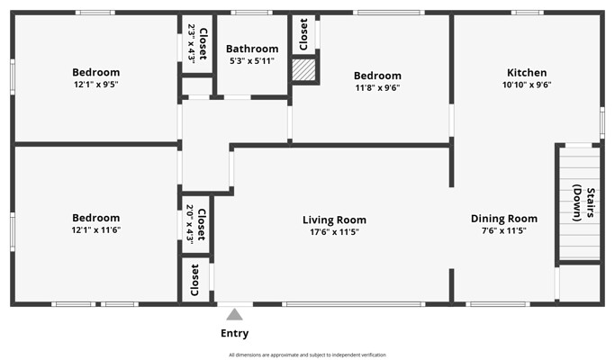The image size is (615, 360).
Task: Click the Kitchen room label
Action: tap(527, 73)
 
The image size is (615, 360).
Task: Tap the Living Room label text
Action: tap(334, 220)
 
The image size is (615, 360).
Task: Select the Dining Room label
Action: tap(504, 219)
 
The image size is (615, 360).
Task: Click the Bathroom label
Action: tap(252, 49)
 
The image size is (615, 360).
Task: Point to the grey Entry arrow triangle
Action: tap(234, 314)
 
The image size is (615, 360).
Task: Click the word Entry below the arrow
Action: tap(234, 333)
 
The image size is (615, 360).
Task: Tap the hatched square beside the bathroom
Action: tap(303, 70)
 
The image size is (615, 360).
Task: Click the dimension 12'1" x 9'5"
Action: tap(96, 85)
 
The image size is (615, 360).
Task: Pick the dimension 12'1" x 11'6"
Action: tap(96, 229)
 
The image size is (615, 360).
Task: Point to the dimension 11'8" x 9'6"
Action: tap(377, 88)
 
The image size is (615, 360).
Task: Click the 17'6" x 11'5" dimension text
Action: tap(334, 232)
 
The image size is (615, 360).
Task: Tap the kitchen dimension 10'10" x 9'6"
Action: tap(527, 85)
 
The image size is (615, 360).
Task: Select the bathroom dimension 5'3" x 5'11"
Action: tap(252, 61)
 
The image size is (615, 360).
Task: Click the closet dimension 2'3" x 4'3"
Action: tap(192, 43)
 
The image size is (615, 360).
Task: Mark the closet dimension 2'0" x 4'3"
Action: tap(189, 224)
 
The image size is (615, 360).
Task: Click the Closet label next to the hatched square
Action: tap(303, 34)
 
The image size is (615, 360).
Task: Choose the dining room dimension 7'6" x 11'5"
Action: tap(504, 230)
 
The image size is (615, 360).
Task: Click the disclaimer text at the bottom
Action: tap(308, 355)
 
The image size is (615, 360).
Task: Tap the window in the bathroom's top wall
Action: tap(251, 13)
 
